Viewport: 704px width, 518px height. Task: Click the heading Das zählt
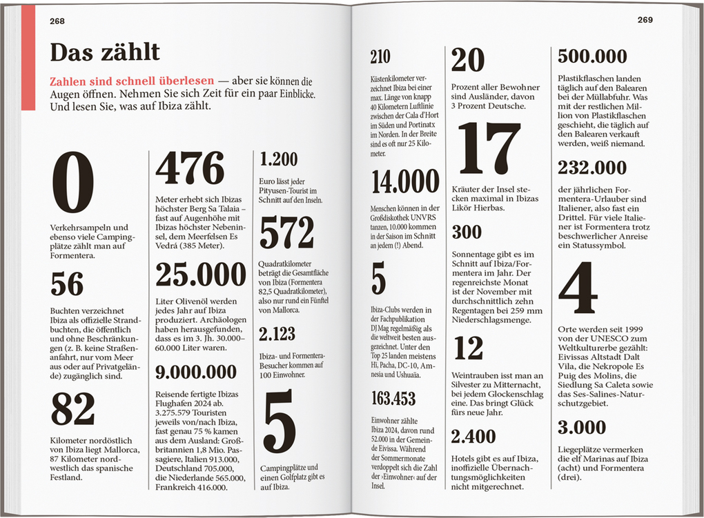pyautogui.click(x=105, y=52)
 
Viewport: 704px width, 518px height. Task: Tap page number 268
pyautogui.click(x=57, y=21)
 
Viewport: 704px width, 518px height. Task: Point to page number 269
pyautogui.click(x=645, y=20)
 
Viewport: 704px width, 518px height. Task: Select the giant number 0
pyautogui.click(x=72, y=183)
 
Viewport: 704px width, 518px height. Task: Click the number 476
pyautogui.click(x=190, y=168)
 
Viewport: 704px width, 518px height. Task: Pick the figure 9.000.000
pyautogui.click(x=196, y=372)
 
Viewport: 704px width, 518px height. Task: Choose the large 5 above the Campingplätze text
pyautogui.click(x=280, y=421)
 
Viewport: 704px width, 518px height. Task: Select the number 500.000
pyautogui.click(x=592, y=56)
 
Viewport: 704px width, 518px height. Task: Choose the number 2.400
pyautogui.click(x=473, y=436)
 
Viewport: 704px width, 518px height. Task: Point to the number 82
pyautogui.click(x=72, y=409)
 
